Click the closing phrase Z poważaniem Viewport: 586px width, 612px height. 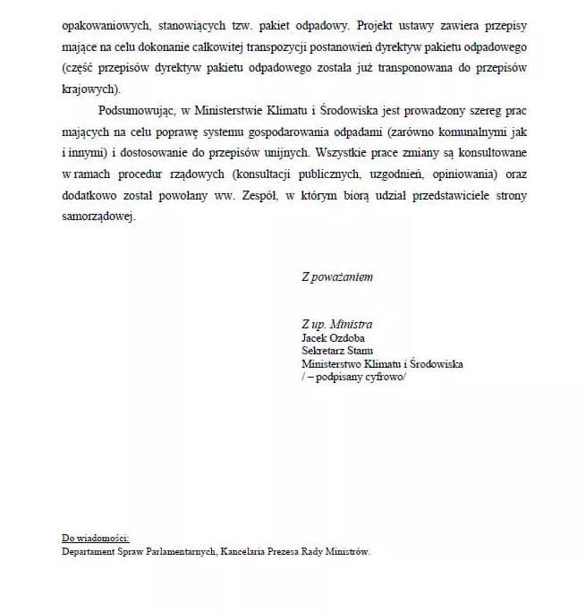click(x=336, y=276)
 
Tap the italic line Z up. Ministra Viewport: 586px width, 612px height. click(x=336, y=324)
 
